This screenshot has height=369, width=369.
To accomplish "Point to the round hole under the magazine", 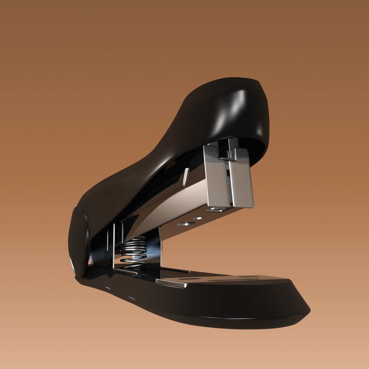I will [x=198, y=218].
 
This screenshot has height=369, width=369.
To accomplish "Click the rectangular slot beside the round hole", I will [x=186, y=224].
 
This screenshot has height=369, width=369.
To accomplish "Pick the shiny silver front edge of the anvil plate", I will [x=171, y=283].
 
